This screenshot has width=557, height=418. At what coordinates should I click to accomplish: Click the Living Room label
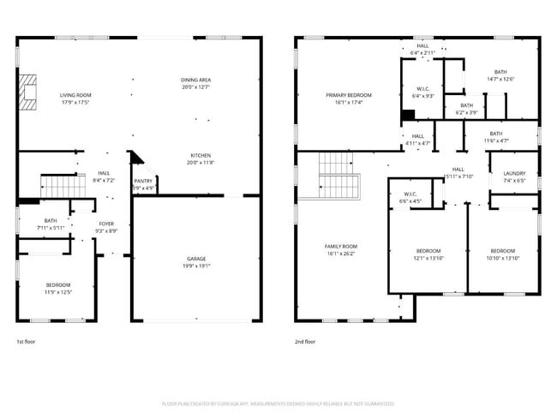[x=75, y=95]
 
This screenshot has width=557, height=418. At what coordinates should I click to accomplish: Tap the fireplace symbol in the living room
[x=30, y=93]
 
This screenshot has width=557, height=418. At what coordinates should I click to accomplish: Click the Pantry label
[x=143, y=182]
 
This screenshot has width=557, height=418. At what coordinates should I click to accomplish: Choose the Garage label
[x=196, y=259]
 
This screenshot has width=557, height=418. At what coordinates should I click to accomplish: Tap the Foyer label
[x=106, y=224]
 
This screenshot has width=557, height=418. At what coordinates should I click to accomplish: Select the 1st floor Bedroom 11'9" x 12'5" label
[x=58, y=285]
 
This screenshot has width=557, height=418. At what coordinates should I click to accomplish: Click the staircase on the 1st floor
[x=61, y=184]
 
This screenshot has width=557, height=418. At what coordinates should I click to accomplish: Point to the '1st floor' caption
[x=27, y=342]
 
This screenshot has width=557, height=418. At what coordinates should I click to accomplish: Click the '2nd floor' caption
[x=305, y=342]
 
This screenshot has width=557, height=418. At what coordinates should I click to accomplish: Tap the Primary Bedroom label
[x=348, y=95]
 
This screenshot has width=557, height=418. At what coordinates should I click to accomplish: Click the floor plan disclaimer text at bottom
[x=278, y=403]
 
